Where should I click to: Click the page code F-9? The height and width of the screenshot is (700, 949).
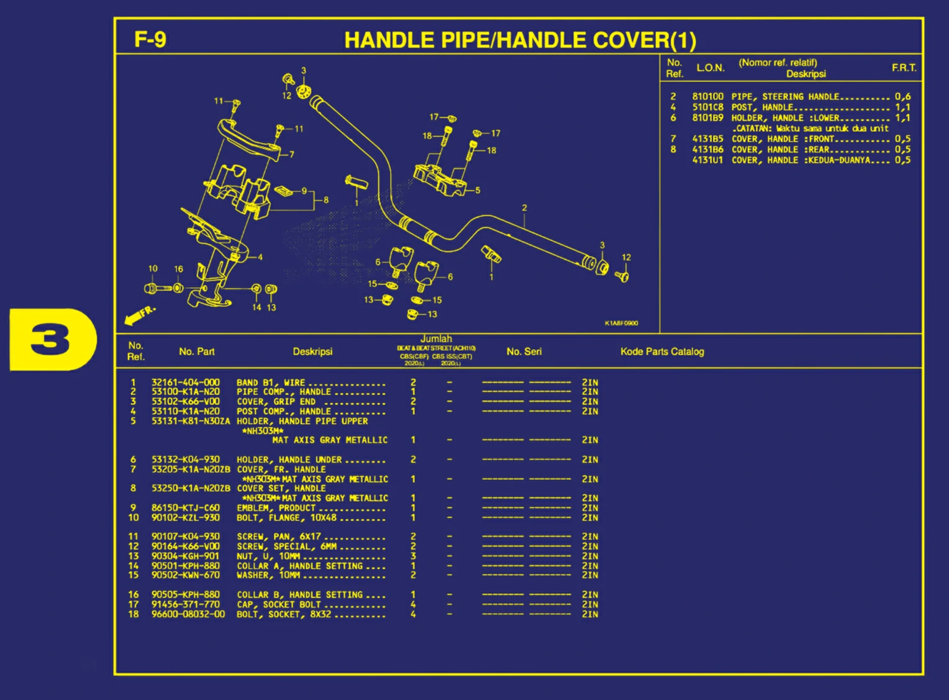(x=150, y=40)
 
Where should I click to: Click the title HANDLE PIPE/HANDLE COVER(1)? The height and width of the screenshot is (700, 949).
(x=520, y=40)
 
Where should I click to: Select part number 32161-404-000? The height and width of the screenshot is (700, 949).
(x=185, y=383)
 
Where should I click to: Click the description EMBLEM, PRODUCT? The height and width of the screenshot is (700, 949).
(x=276, y=508)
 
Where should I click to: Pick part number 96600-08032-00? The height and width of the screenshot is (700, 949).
(x=188, y=614)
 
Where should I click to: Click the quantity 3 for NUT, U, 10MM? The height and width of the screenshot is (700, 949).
(x=413, y=556)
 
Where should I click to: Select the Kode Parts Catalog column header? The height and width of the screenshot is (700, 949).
(x=662, y=352)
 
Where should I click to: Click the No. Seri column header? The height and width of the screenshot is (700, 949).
(x=524, y=352)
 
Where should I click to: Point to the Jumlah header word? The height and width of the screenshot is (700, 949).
(x=436, y=339)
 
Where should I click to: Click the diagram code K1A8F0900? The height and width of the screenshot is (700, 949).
(x=621, y=323)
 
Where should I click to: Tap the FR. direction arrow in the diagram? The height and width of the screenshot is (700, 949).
(x=139, y=315)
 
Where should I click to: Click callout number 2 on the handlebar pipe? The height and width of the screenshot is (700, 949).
(x=524, y=208)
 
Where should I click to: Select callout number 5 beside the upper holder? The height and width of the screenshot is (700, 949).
(x=477, y=191)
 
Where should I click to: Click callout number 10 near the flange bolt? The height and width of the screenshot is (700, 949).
(x=153, y=269)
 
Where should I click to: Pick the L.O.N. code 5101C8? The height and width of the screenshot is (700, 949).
(x=707, y=107)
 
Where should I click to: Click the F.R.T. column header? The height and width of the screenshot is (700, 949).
(x=904, y=68)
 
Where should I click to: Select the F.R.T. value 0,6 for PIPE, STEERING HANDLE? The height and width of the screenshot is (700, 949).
(x=902, y=97)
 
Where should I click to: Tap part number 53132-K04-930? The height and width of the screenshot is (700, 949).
(x=185, y=460)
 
